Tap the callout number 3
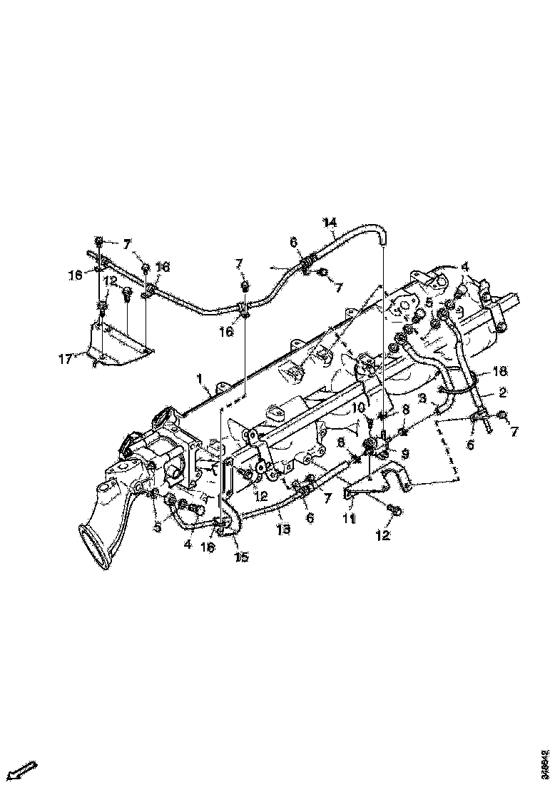click(x=423, y=397)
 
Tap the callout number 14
click(x=330, y=222)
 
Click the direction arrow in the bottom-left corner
click(x=21, y=770)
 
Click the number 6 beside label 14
click(x=292, y=243)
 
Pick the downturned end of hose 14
click(x=383, y=241)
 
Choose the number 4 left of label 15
click(x=188, y=545)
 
